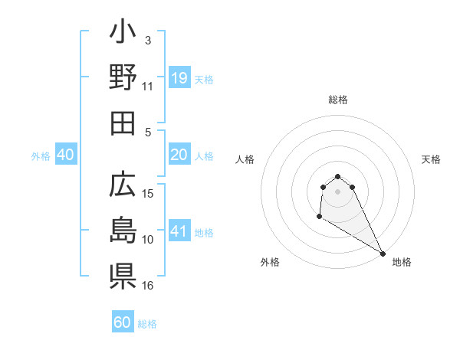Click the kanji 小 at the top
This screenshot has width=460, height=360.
[123, 35]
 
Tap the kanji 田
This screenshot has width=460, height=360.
[123, 123]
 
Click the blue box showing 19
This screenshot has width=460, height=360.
[179, 78]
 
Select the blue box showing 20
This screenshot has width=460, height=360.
[179, 155]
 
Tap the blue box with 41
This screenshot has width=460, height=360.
[179, 231]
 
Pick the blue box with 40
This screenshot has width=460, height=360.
[65, 155]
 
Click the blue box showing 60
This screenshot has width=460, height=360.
[123, 322]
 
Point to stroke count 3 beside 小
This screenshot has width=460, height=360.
[147, 40]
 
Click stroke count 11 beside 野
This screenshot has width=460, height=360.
[148, 87]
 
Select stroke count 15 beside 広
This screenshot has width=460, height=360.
[149, 193]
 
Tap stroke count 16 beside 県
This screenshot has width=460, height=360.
[149, 285]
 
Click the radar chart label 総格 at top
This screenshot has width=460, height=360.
[338, 100]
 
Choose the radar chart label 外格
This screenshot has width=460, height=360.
[270, 262]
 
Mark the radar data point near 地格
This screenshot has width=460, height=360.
[383, 253]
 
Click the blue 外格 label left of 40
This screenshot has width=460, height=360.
[41, 155]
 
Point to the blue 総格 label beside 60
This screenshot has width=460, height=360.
[147, 323]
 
